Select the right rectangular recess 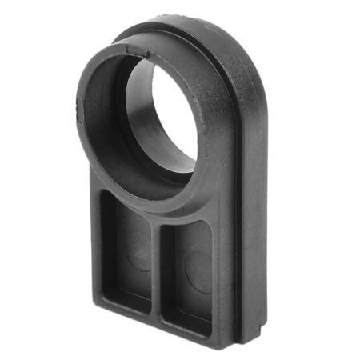(189, 276)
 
